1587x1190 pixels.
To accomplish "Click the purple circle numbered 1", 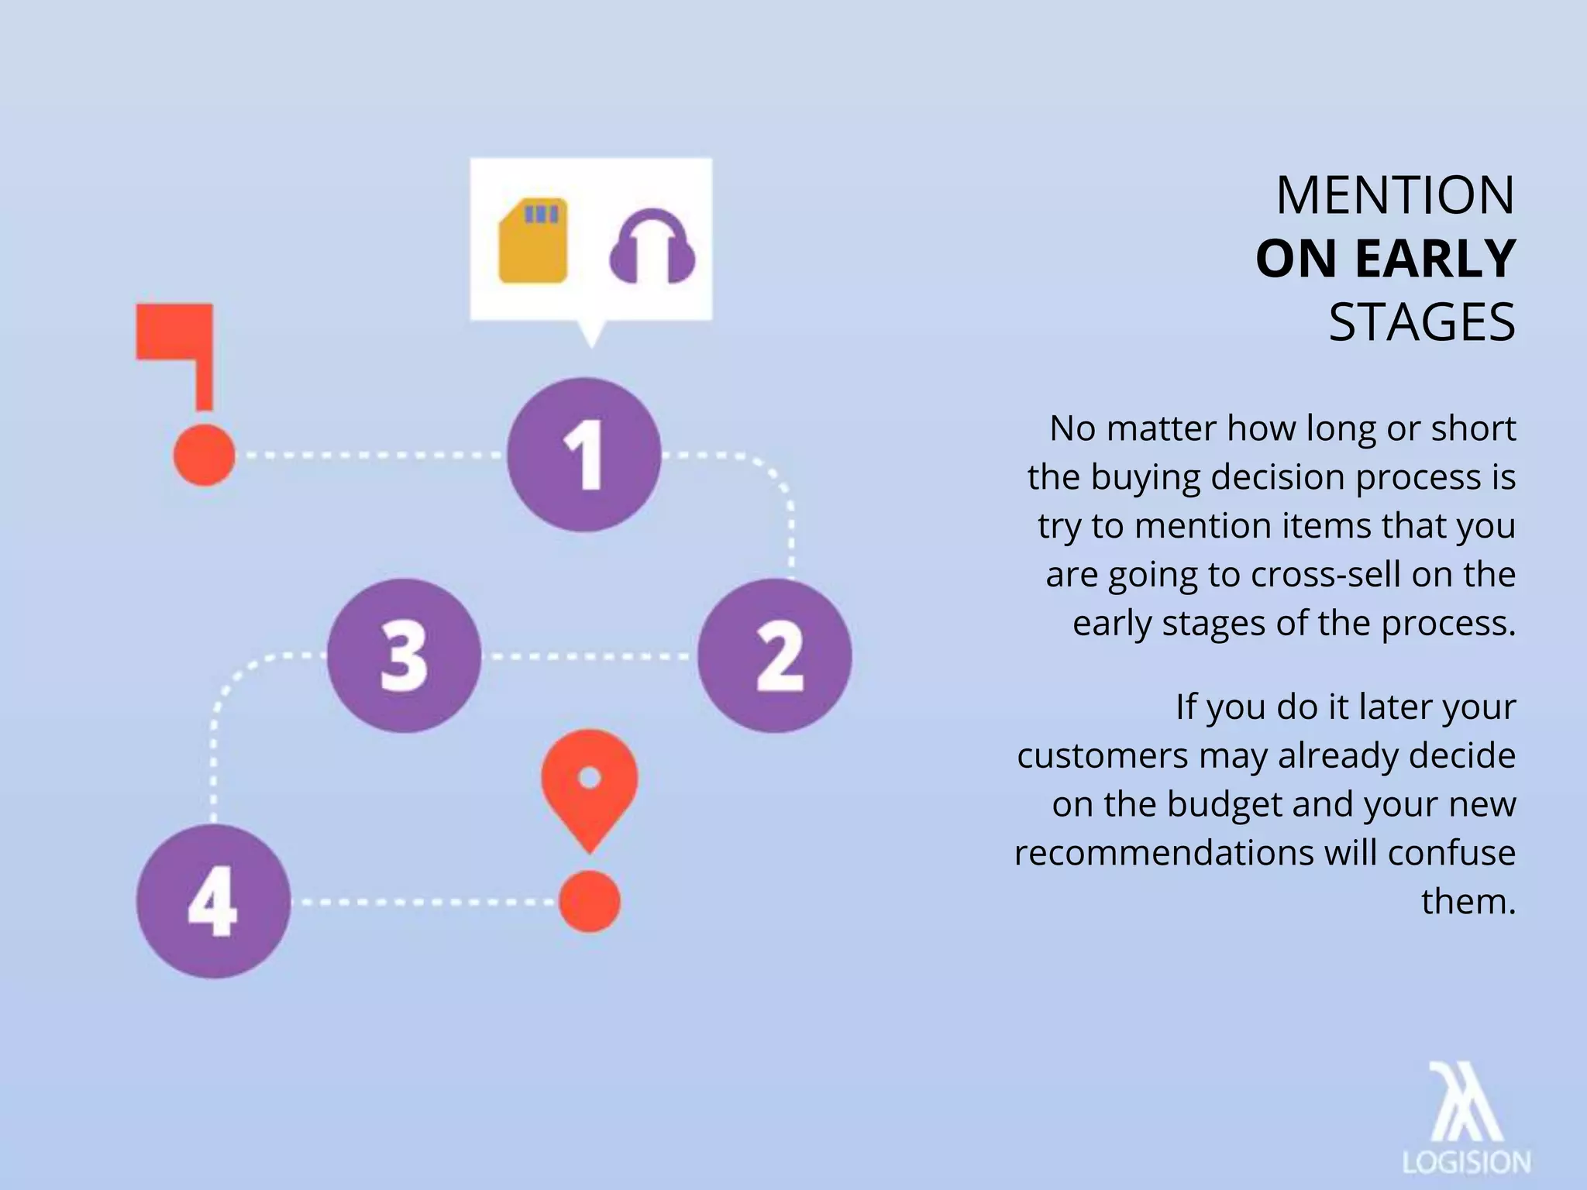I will [584, 455].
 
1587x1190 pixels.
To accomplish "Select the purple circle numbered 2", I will [775, 655].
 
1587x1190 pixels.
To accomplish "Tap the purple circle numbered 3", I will [404, 655].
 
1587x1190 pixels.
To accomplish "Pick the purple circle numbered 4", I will [213, 901].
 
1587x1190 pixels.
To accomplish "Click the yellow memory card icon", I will [533, 241].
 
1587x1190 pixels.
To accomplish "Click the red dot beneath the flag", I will [204, 455].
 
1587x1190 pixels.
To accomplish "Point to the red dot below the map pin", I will [590, 901].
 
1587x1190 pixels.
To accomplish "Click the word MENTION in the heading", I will [1395, 195].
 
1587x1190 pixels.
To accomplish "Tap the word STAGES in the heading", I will [1422, 322].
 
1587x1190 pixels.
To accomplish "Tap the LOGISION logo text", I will [1466, 1162].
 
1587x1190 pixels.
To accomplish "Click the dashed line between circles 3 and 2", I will [589, 657].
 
